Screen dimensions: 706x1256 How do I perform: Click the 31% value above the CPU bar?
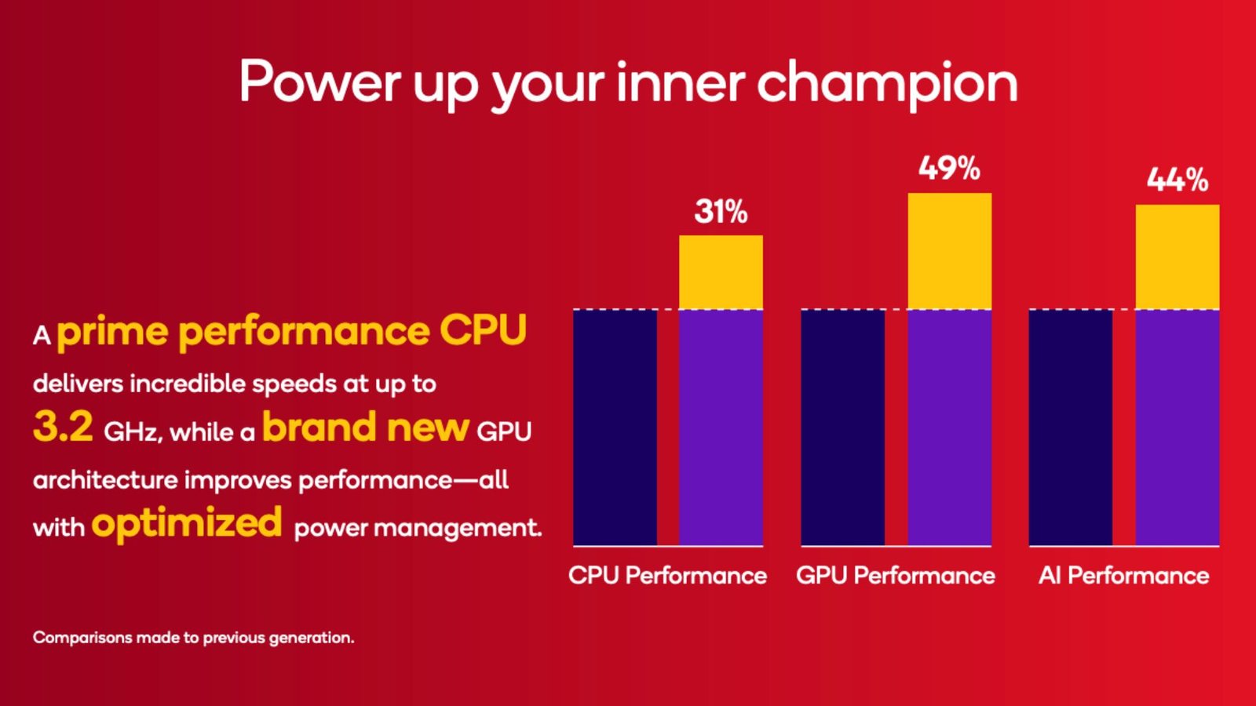[721, 212]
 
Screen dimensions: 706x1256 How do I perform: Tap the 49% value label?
[949, 169]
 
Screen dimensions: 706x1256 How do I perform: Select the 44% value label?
[1177, 180]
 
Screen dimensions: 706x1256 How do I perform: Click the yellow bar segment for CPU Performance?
[721, 272]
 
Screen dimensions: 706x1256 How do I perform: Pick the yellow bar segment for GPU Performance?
[949, 251]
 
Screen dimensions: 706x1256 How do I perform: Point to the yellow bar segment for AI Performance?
[1177, 257]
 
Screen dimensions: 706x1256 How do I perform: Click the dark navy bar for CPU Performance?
[615, 428]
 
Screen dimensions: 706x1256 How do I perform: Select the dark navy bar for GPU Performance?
[842, 428]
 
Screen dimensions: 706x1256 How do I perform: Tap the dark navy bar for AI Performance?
[1070, 428]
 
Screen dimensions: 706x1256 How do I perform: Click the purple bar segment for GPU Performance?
[949, 428]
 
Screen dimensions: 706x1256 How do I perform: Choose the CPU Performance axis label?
[667, 576]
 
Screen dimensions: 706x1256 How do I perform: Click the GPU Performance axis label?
[895, 576]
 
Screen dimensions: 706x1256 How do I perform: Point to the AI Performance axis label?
[1123, 576]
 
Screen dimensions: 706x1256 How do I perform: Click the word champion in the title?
[887, 83]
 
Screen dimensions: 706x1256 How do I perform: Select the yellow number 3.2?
[63, 428]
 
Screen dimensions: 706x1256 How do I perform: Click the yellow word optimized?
[187, 523]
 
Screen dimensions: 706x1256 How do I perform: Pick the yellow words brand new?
[365, 428]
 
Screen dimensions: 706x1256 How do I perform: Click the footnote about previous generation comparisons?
[193, 638]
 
